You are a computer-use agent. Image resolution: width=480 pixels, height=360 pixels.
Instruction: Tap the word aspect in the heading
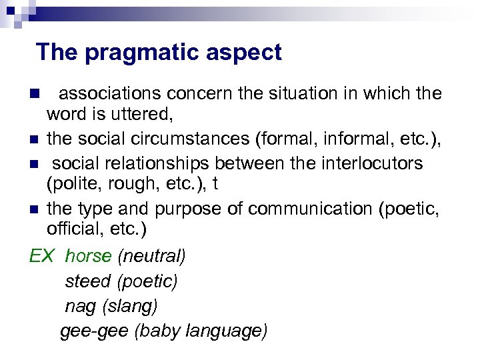248,52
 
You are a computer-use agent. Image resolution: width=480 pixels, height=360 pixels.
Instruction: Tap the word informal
352,139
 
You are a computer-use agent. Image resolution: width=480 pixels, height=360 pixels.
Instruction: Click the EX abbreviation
42,256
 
